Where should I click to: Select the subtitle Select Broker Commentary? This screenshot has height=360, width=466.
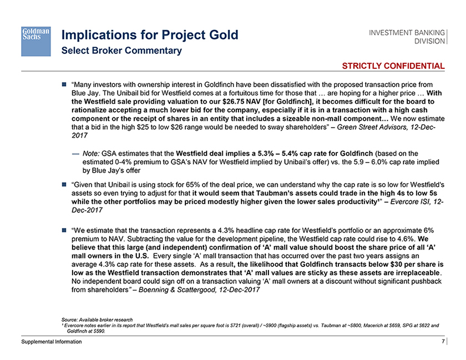121,51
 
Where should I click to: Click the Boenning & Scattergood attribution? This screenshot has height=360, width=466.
200,290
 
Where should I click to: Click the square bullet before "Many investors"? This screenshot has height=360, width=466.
64,84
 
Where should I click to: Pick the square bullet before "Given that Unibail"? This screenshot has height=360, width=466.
64,183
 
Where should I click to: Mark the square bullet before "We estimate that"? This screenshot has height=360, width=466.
64,229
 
